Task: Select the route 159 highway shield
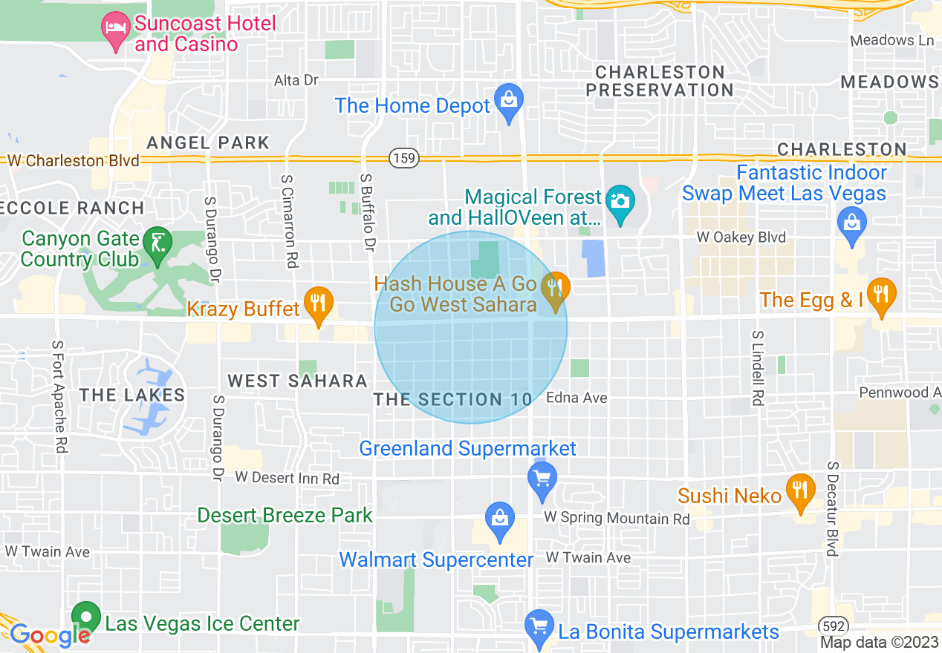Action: (403, 158)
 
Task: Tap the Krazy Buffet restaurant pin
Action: (319, 305)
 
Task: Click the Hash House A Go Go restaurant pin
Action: (555, 290)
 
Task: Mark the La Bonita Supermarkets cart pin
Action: (539, 628)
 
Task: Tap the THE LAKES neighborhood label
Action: (132, 395)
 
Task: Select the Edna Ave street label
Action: (576, 398)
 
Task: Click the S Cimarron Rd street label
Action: (290, 221)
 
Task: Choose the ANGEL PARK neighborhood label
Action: (208, 142)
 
